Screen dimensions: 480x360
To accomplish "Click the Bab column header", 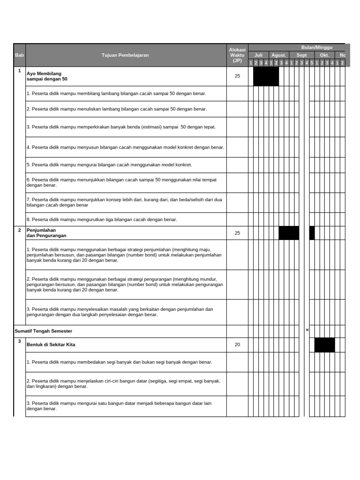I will coord(19,55).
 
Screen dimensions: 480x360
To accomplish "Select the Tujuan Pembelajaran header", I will coord(125,55).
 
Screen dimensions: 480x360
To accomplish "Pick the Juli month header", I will coord(258,55).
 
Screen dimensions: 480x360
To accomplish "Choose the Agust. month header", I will coord(278,55).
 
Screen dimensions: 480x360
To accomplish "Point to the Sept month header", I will coord(301,55).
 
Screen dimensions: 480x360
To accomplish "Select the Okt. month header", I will coord(324,55).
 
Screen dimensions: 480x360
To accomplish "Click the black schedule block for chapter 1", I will coord(266,76).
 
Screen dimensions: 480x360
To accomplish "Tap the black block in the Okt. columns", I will coord(324,345).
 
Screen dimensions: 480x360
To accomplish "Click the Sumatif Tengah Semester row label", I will coord(44,331).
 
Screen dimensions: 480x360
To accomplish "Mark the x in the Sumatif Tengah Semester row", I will coord(307,330).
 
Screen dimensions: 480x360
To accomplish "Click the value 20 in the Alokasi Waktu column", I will coord(237,345).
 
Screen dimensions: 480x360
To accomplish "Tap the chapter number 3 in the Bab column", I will coord(19,341).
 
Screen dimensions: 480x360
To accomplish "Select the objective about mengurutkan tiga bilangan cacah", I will coord(102,219).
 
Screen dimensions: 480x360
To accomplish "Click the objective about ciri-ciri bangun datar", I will coord(123,384).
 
